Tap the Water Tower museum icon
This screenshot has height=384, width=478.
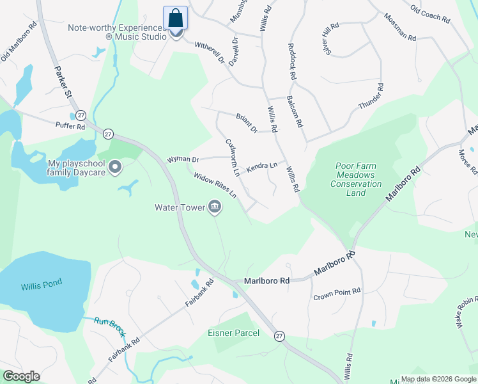tap(215, 207)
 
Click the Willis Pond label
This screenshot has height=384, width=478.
tap(40, 287)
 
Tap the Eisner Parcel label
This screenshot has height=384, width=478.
tap(233, 333)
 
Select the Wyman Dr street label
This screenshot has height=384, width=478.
tap(183, 159)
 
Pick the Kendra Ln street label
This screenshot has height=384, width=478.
tap(262, 165)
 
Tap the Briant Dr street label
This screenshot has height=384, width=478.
tap(246, 122)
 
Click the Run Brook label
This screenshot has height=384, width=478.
tap(109, 326)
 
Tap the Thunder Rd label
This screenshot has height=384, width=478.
tap(371, 96)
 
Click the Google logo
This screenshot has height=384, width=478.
tap(21, 376)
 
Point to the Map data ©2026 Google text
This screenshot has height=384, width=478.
tap(438, 379)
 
